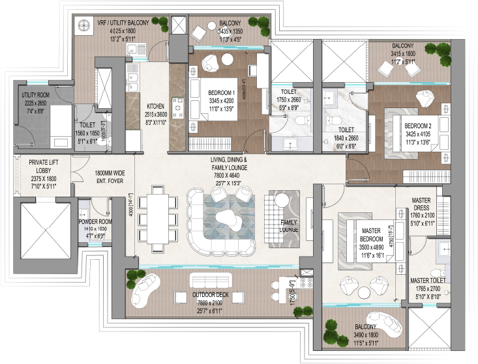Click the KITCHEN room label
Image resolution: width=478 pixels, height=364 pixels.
coord(155,105)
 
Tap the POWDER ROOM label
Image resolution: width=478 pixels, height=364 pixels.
coord(96,221)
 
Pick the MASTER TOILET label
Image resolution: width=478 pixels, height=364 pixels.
coord(427,281)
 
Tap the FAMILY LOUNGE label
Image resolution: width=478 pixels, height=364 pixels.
coord(288,226)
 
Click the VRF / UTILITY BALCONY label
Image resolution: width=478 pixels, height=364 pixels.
coord(123,22)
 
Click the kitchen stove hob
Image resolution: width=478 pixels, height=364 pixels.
coord(178,105)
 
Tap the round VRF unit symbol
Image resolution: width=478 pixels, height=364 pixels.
coord(83,26)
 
